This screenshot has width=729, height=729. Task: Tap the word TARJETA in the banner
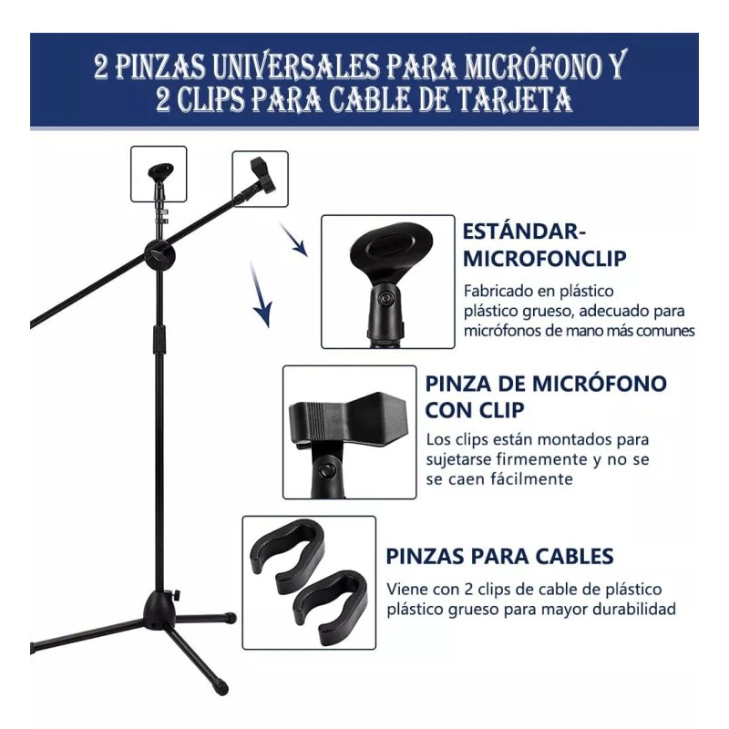(x=513, y=99)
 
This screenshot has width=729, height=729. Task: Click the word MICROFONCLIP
(x=545, y=258)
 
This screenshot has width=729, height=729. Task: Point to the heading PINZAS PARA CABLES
(x=499, y=556)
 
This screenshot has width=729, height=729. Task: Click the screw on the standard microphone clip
(x=387, y=298)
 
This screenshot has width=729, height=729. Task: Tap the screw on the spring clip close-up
(x=326, y=469)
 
